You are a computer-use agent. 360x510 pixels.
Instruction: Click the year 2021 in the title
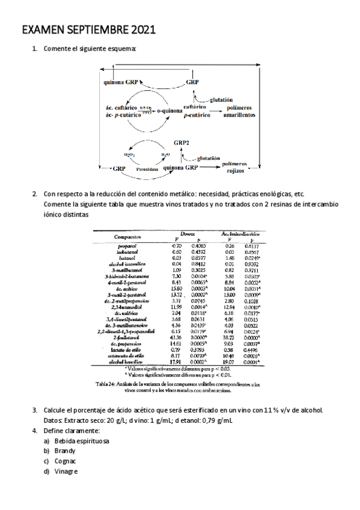[x=142, y=29]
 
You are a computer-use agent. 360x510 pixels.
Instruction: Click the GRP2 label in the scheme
[x=183, y=143]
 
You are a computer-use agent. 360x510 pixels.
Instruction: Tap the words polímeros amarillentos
[x=240, y=111]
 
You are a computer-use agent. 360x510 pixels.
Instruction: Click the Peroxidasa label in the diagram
[x=147, y=170]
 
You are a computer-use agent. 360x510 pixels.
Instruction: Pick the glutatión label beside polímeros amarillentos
[x=220, y=99]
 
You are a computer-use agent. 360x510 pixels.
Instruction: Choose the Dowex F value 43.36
[x=175, y=339]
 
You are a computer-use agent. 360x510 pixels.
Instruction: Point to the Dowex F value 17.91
[x=175, y=361]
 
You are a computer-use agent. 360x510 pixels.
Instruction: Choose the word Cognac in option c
[x=65, y=461]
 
